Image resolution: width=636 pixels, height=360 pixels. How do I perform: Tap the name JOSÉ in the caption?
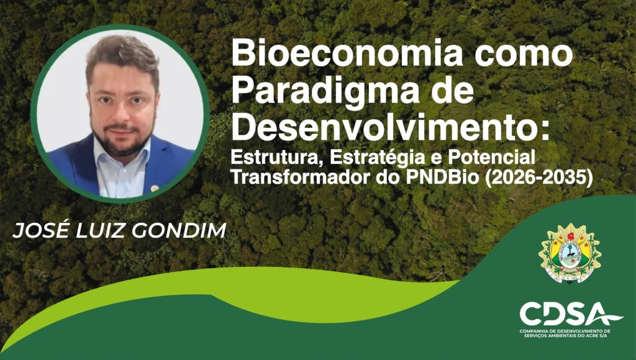[x=39, y=231]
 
